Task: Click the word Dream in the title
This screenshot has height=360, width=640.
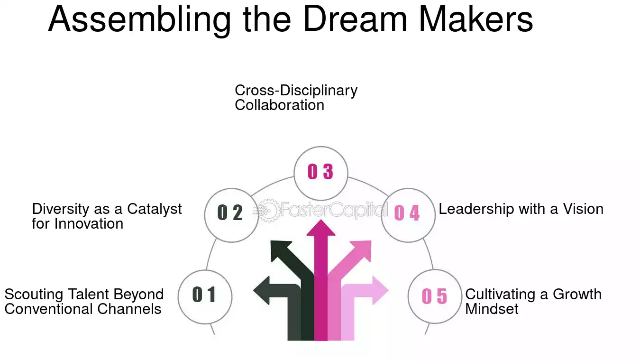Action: [x=355, y=19]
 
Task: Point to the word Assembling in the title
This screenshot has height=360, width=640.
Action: [x=140, y=20]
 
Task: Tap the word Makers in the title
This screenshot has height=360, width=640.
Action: [x=476, y=19]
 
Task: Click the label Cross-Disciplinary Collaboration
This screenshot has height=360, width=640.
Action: [x=296, y=98]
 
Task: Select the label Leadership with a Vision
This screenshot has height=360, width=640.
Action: [x=521, y=209]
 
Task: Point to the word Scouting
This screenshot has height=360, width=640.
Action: [x=34, y=295]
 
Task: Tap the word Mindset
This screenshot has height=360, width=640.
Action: [x=492, y=309]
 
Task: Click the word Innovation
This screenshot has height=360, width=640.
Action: [x=89, y=223]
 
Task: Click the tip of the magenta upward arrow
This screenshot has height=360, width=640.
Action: [x=321, y=220]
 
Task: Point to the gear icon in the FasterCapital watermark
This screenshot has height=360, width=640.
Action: [x=268, y=211]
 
